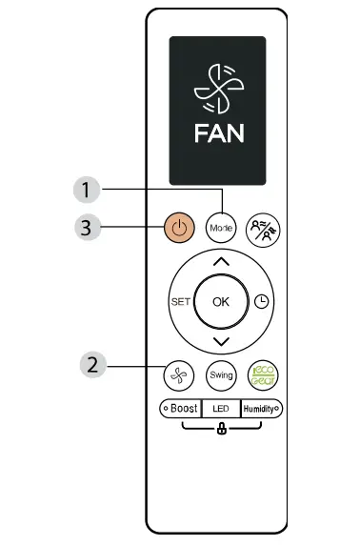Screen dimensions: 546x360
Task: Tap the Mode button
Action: point(221,229)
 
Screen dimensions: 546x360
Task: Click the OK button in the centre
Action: point(221,301)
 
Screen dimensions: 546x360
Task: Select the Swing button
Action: point(221,374)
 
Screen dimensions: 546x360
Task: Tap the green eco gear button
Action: point(260,374)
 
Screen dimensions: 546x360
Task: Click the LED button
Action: point(220,409)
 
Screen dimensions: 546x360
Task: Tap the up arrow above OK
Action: point(221,260)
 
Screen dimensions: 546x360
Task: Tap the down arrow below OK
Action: point(221,341)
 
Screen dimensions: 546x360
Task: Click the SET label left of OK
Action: point(181,301)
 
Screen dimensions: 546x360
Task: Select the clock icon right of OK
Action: point(262,301)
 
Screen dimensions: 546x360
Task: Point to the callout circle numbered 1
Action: point(87,190)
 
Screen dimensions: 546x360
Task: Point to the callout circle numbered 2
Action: point(92,363)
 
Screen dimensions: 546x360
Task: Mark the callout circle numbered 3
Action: point(87,227)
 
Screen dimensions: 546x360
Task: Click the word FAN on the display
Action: point(219,132)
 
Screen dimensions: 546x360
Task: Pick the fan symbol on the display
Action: point(219,84)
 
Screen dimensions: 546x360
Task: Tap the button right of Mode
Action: point(259,229)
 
